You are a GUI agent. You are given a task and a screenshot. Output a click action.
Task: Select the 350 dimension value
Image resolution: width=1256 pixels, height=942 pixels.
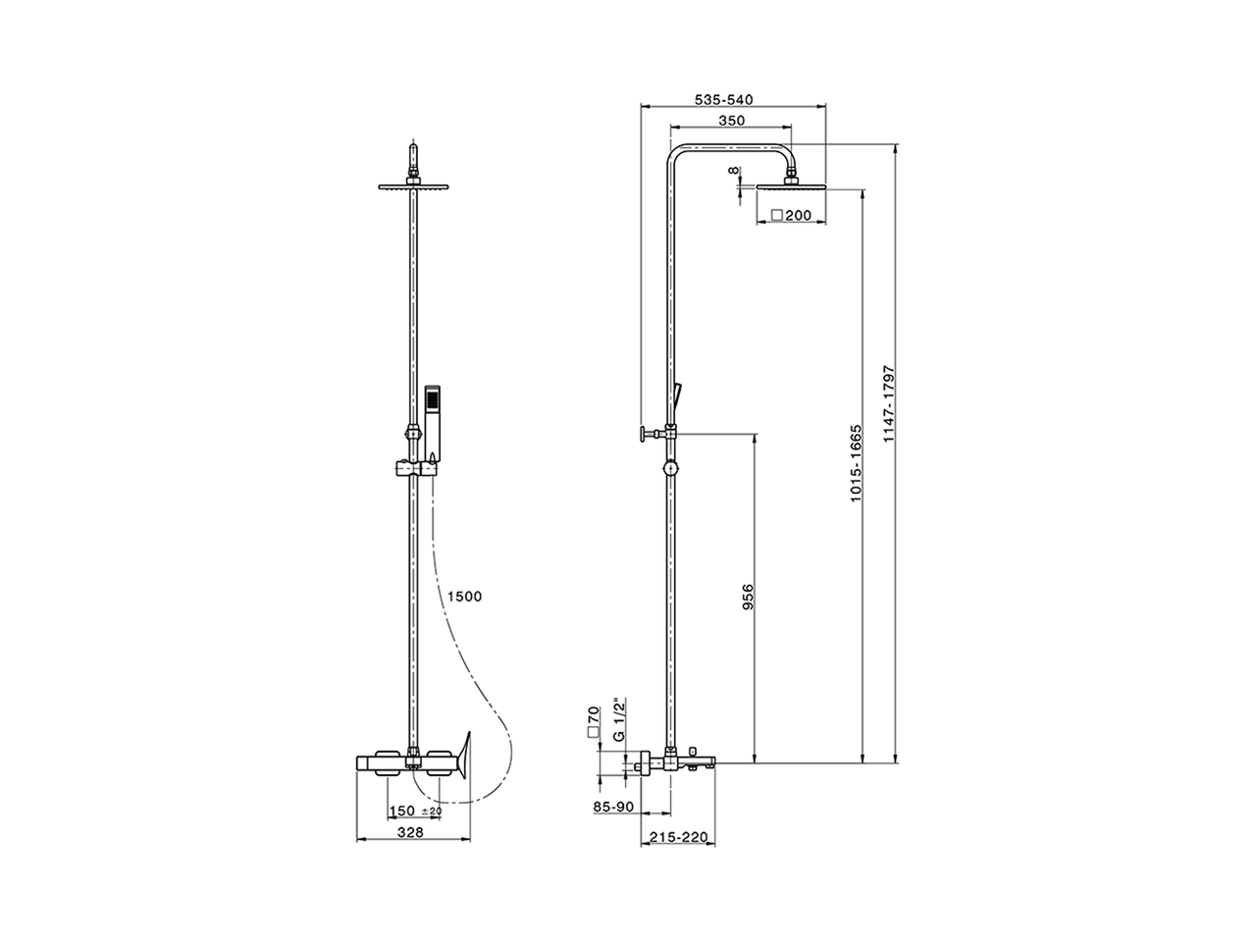click(731, 121)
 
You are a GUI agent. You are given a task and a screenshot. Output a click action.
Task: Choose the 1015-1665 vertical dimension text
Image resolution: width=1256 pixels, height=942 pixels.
click(856, 464)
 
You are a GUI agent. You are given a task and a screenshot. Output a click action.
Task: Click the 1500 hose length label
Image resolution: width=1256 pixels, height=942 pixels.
click(463, 597)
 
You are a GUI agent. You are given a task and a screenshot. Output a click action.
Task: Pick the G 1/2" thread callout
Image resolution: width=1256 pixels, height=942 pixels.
click(617, 722)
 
